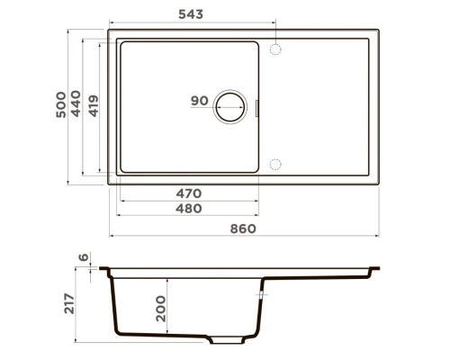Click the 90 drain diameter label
point(200,101)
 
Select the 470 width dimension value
point(188,193)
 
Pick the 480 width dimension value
point(188,208)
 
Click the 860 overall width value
point(243,229)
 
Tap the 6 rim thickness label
point(85,258)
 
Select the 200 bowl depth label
point(159,307)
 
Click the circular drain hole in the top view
point(230,106)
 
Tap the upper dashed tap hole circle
point(276,46)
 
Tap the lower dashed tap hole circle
point(276,165)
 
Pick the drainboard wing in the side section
point(324,274)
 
